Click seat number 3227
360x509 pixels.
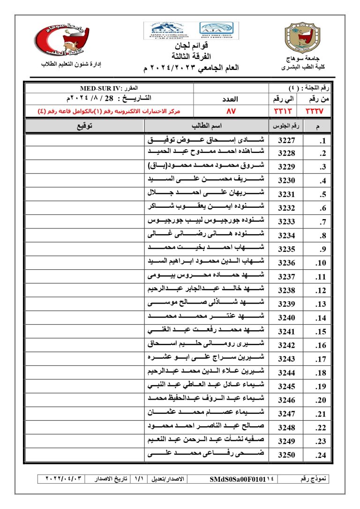click(286, 140)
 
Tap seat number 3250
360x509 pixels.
click(286, 455)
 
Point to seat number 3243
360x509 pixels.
click(286, 359)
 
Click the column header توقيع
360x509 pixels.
click(84, 126)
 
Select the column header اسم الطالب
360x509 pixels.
click(206, 126)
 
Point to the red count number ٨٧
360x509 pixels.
click(232, 111)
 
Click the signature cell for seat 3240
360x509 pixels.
click(84, 318)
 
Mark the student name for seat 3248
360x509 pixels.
click(206, 427)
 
